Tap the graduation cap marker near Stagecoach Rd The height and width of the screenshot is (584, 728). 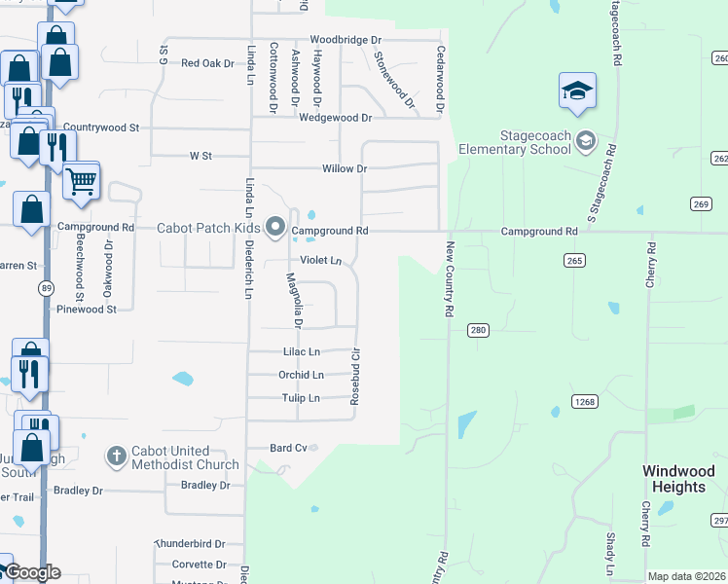point(577,91)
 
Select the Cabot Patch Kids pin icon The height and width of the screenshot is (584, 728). point(275,230)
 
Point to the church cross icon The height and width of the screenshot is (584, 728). point(116,456)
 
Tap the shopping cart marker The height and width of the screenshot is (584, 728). point(83,180)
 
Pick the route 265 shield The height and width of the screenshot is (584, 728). point(574,261)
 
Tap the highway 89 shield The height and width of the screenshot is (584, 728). point(47,288)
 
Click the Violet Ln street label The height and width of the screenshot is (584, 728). point(320,261)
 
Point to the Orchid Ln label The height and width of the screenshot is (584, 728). point(300,375)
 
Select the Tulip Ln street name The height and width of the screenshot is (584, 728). point(300,398)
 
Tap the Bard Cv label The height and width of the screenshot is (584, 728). point(288,448)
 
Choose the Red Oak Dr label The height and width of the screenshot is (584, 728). point(208,63)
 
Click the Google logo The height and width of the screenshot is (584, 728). point(32,572)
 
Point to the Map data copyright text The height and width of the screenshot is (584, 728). point(686,576)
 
